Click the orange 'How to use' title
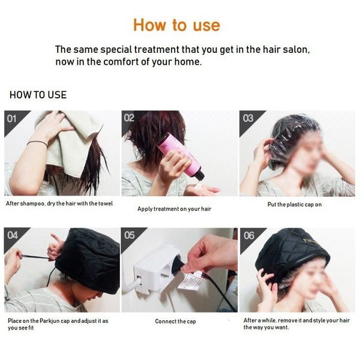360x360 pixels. (x=176, y=25)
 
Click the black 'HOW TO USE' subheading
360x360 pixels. (x=38, y=95)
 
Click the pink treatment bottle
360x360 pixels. (x=181, y=156)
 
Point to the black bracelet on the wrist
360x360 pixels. (x=37, y=143)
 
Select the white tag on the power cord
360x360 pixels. (x=190, y=281)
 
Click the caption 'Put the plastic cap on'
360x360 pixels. (x=295, y=205)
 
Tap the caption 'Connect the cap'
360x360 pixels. (x=175, y=321)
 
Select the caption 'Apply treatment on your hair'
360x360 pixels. (x=174, y=209)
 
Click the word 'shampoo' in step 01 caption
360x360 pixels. (x=32, y=203)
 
